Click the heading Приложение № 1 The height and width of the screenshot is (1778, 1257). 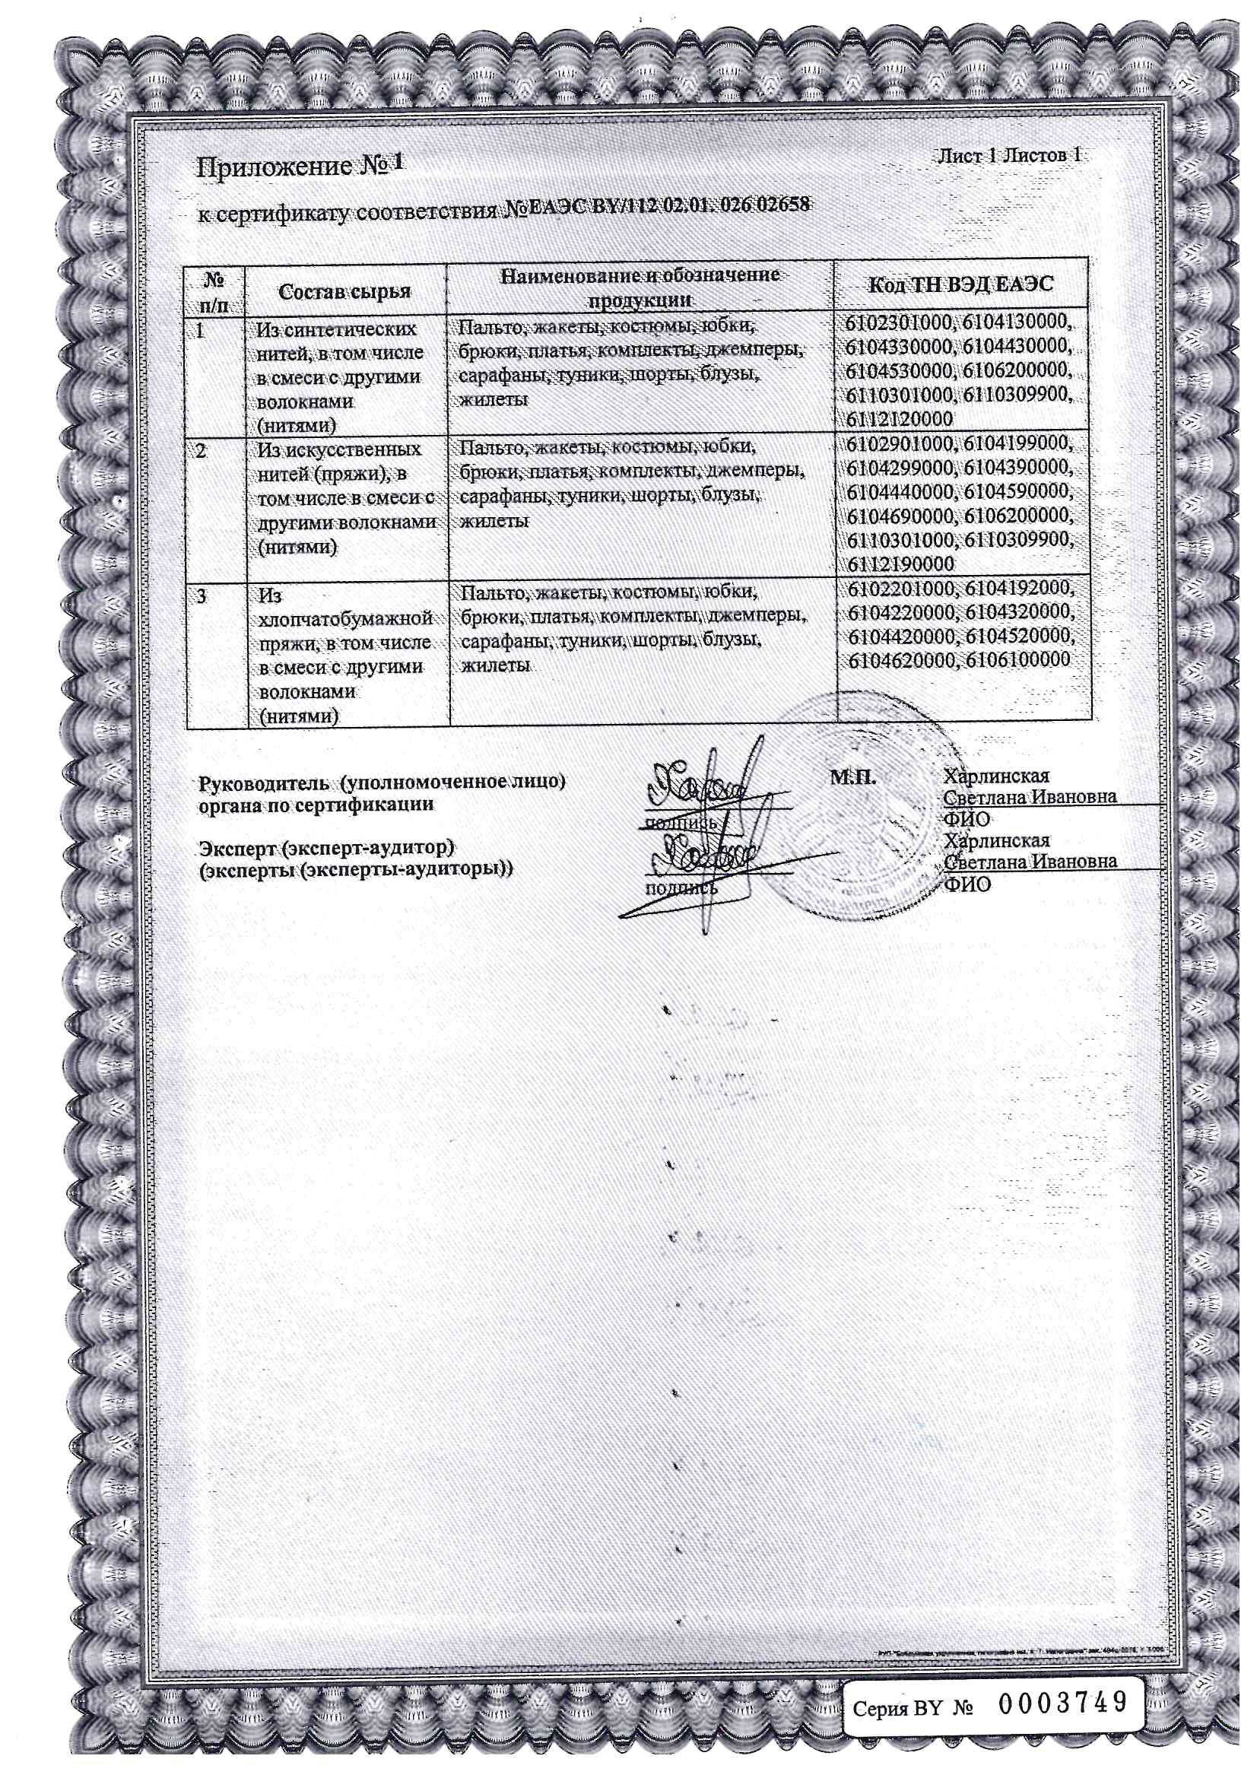point(300,166)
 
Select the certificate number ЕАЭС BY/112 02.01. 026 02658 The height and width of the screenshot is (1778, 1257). point(658,206)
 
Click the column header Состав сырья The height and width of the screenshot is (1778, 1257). point(344,291)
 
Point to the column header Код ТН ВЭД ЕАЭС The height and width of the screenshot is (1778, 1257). point(960,284)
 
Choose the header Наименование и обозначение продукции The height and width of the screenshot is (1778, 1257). point(640,287)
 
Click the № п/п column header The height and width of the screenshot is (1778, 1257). point(214,291)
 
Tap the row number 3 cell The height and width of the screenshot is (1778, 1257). point(202,596)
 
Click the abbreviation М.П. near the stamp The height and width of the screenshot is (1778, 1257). point(852,776)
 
